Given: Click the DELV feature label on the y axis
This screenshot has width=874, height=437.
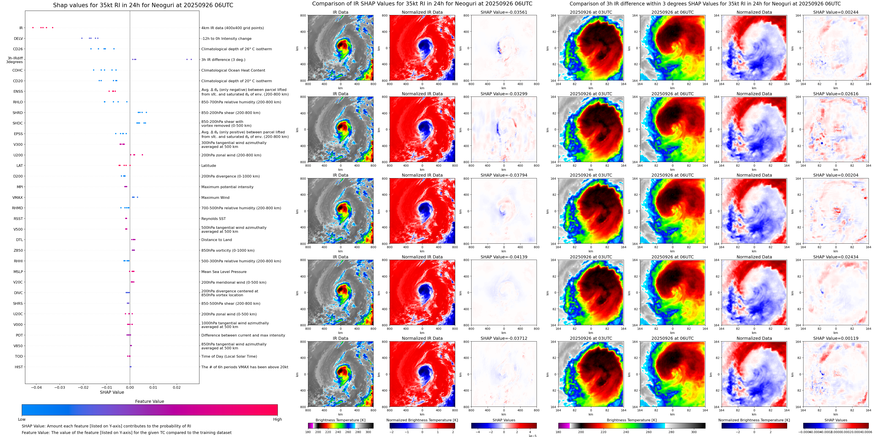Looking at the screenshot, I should pos(18,39).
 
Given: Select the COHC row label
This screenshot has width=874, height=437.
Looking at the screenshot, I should pos(18,70).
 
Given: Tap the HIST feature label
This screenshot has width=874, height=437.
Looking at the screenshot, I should pos(19,367).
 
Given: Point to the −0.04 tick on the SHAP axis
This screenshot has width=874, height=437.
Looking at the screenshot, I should pos(36,387).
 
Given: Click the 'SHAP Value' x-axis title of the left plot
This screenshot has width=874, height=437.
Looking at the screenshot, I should pos(112,392).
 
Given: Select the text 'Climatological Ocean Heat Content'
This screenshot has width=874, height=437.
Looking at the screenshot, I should pos(233,70).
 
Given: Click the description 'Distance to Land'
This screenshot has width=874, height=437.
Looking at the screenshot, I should pos(216,240).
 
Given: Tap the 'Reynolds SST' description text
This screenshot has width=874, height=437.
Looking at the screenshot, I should pos(213,219).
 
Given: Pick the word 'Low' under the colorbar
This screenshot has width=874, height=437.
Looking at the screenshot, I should pos(22,419).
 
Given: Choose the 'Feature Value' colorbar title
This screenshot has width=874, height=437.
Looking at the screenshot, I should pos(150,401).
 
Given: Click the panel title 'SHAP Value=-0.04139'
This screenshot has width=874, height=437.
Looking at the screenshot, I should pos(504,257).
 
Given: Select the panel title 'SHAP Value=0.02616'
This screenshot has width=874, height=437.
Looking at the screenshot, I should pos(836,94).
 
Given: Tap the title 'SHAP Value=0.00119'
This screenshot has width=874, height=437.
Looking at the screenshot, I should pos(836,338).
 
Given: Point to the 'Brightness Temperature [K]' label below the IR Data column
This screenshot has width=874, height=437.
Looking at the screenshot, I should pos(340,420).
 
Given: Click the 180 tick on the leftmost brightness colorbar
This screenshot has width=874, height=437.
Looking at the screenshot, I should pos(308,432).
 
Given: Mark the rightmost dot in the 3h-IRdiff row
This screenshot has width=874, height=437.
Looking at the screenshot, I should pos(191,59).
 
